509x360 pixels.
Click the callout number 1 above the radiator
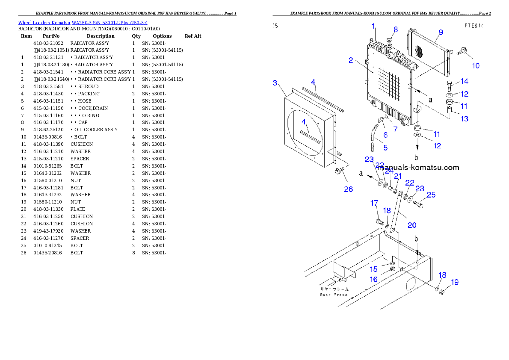pyautogui.click(x=373, y=26)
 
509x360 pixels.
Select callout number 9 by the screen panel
pyautogui.click(x=441, y=32)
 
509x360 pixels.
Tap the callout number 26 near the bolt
pyautogui.click(x=349, y=189)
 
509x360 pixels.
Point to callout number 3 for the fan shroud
pyautogui.click(x=275, y=83)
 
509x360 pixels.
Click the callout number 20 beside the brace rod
pyautogui.click(x=411, y=225)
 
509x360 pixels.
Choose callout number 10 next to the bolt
pyautogui.click(x=475, y=65)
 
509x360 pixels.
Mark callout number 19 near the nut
pyautogui.click(x=454, y=282)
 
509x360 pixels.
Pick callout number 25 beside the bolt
pyautogui.click(x=431, y=195)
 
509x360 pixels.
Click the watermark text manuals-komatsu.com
pyautogui.click(x=419, y=168)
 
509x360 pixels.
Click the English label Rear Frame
pyautogui.click(x=334, y=295)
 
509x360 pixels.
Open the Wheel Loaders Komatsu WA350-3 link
pyautogui.click(x=83, y=23)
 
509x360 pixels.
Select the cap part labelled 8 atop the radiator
pyautogui.click(x=389, y=41)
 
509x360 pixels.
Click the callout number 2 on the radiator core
pyautogui.click(x=351, y=60)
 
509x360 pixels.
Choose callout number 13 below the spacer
pyautogui.click(x=464, y=119)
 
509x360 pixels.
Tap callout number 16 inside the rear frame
pyautogui.click(x=373, y=279)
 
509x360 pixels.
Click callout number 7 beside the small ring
pyautogui.click(x=395, y=129)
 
